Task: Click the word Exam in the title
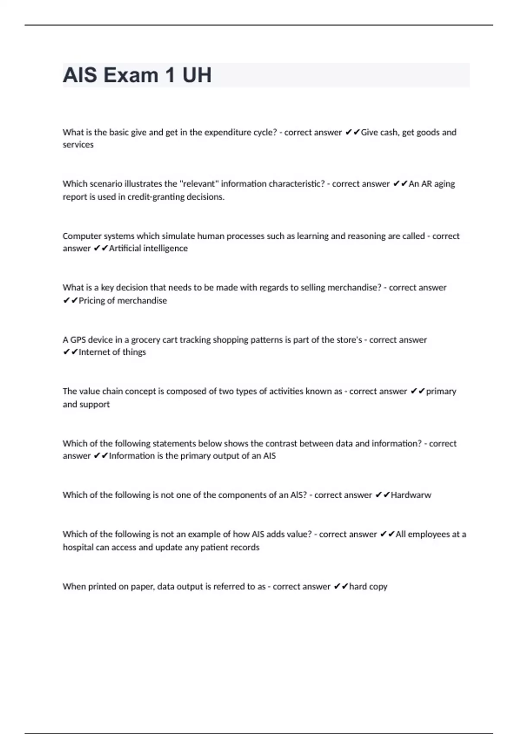131,75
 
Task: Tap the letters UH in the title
197,75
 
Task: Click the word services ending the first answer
78,145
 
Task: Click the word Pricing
92,301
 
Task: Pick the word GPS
78,340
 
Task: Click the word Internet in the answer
94,352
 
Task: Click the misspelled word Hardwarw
411,495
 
